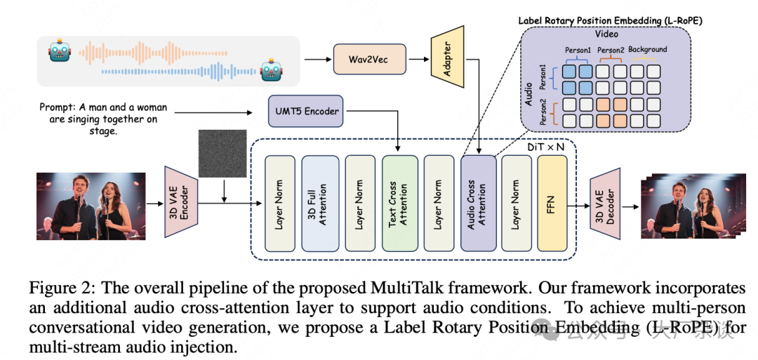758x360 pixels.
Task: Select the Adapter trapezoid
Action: tap(448, 55)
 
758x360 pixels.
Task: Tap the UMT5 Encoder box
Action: tap(305, 111)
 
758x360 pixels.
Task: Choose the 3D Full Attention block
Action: tap(320, 204)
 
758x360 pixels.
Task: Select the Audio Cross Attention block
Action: tap(479, 204)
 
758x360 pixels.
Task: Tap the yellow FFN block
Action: tap(552, 204)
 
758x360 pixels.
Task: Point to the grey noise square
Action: tap(222, 154)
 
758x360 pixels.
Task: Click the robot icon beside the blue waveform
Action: tap(270, 70)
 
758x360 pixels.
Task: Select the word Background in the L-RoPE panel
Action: tap(647, 50)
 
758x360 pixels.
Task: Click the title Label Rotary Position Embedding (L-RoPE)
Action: tap(610, 21)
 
